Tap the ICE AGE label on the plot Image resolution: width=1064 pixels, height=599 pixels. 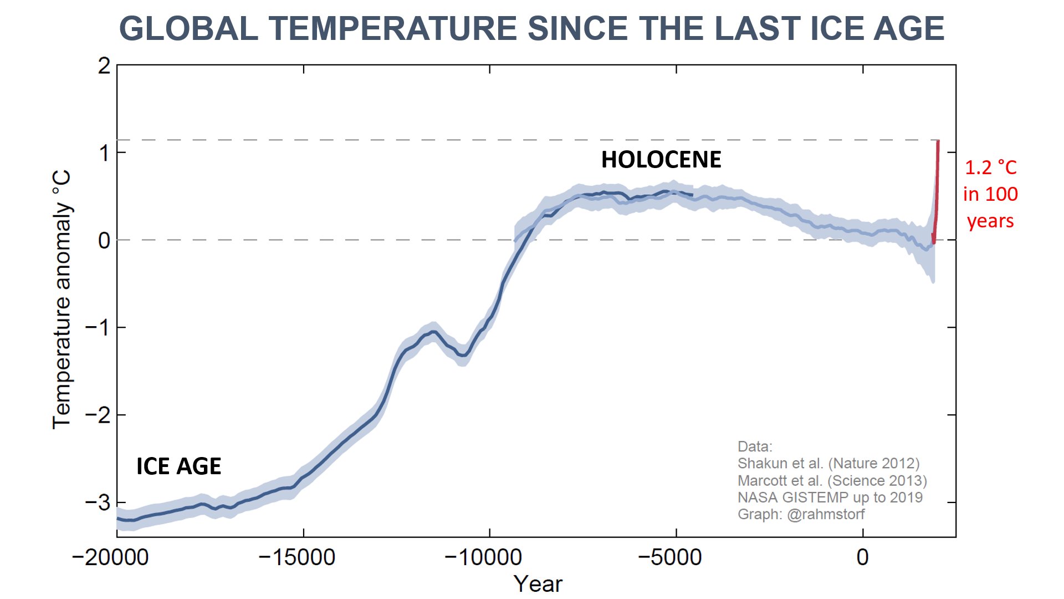(178, 466)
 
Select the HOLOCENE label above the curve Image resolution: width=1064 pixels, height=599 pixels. (661, 160)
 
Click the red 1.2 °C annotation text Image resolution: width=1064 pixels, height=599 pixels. (991, 167)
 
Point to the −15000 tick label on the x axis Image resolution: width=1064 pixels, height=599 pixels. (297, 557)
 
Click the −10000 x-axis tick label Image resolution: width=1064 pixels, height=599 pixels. (483, 557)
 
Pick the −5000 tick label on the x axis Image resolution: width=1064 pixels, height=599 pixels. (669, 557)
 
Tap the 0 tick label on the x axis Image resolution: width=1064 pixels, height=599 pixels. (862, 557)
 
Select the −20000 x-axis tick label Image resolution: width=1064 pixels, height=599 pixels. (110, 557)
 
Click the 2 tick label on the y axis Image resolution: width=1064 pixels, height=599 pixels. (104, 66)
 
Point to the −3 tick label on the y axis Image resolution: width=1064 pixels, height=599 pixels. (98, 502)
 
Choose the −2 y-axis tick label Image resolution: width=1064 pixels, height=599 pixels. (98, 415)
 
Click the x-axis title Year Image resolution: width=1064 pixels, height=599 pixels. (538, 584)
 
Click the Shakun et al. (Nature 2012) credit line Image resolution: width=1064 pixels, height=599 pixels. (828, 464)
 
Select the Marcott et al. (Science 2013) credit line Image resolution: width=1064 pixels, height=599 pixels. (832, 480)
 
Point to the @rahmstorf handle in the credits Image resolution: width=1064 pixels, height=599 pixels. (826, 514)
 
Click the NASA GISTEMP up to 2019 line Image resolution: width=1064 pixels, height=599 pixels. (830, 498)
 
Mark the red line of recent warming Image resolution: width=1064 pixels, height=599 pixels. (937, 189)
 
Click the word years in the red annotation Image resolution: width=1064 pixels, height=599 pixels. (990, 221)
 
